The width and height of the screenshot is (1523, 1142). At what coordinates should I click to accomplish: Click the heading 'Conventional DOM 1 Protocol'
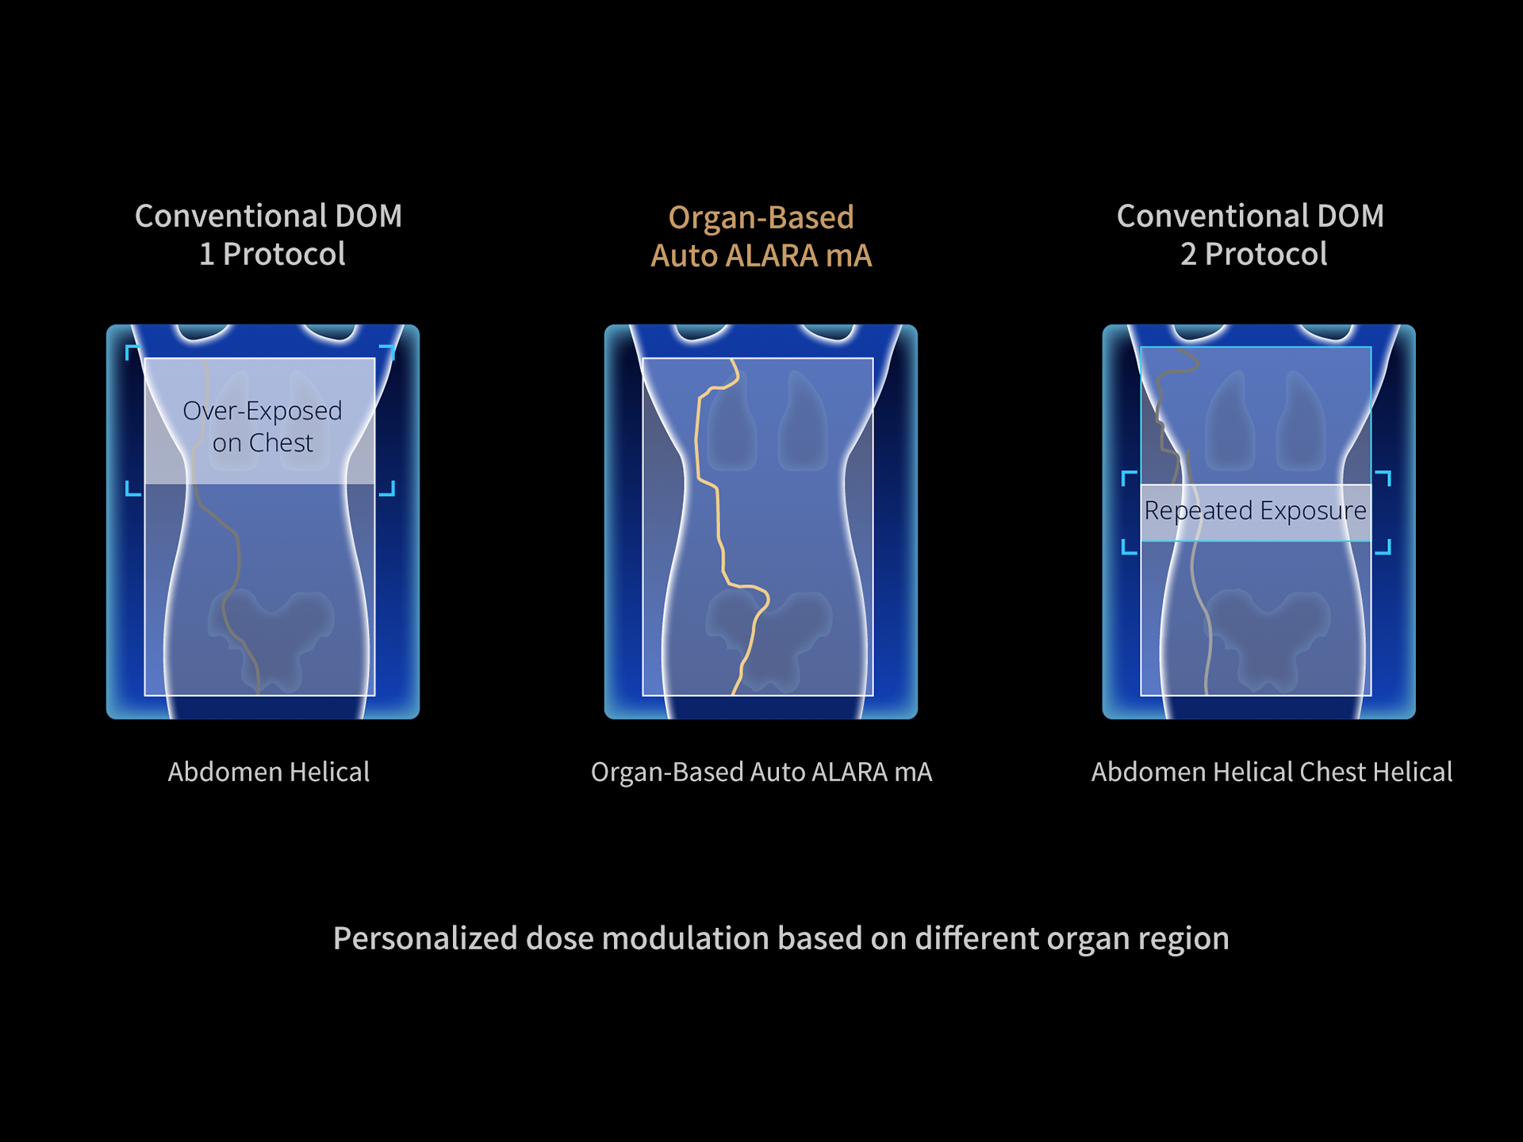coord(268,235)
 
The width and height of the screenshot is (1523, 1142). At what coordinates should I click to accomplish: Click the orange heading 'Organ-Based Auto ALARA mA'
coord(761,236)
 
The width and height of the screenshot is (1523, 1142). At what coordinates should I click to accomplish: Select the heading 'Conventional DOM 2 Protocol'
coord(1250,235)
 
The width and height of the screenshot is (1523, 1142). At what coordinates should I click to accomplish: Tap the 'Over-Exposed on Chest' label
coord(263,426)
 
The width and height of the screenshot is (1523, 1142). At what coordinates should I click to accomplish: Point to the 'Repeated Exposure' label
coord(1255,511)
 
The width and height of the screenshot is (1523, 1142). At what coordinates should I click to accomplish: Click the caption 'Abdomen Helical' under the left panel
coord(268,772)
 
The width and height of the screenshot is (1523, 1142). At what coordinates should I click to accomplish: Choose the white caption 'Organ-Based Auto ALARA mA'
coord(761,772)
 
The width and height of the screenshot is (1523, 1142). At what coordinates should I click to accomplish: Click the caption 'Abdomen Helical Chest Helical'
coord(1272,772)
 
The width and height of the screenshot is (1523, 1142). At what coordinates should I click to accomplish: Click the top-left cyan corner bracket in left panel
coord(131,350)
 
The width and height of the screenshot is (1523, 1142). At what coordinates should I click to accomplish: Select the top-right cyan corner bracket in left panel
coord(389,350)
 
